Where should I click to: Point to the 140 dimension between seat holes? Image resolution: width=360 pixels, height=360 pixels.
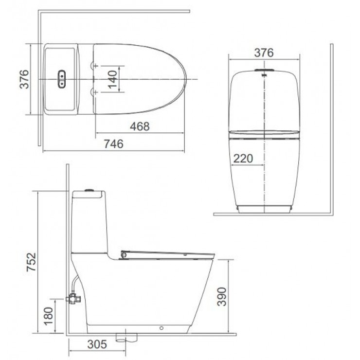pos(112,79)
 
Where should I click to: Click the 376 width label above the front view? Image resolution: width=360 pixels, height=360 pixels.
pos(264,53)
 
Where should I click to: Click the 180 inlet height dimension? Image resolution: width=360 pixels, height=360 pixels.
pos(49,315)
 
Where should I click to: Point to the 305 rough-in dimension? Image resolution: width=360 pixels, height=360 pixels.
pos(97,345)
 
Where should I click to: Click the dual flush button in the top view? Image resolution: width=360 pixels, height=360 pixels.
pos(62,79)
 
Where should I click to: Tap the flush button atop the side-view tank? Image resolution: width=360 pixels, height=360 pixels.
pos(89,190)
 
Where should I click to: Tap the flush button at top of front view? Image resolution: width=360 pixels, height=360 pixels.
pos(264,74)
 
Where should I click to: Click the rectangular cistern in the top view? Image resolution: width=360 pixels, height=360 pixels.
pos(60,79)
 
